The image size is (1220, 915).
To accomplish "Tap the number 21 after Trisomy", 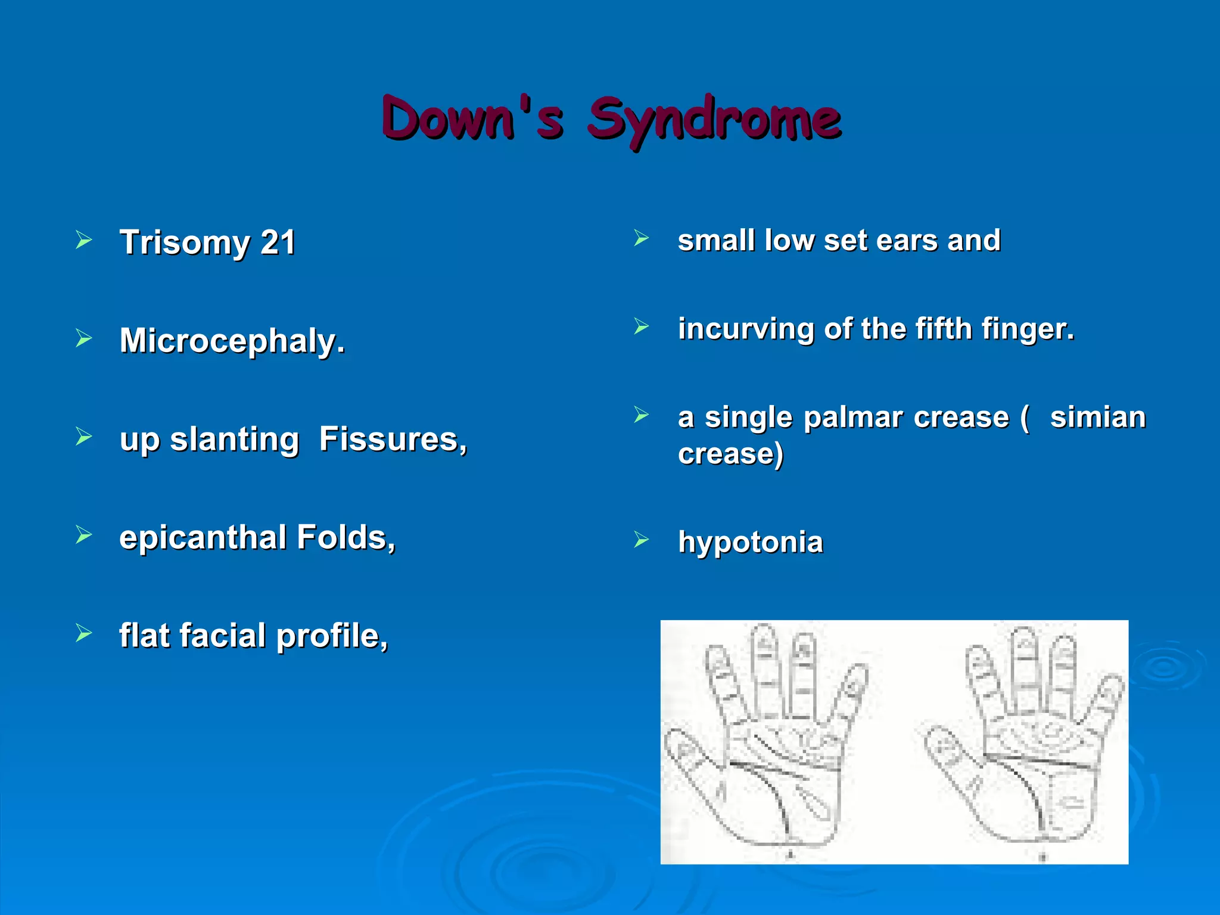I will point(278,242).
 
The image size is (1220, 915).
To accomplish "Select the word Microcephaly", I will point(232,341).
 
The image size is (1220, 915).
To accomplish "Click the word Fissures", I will point(393,440).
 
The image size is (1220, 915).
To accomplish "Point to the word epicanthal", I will point(203,537).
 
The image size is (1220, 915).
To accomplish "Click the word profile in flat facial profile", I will point(332,636).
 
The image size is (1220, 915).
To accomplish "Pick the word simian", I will point(1097,418).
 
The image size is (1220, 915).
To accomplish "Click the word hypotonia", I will point(751,542).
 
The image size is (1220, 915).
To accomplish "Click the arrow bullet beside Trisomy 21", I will point(84,241).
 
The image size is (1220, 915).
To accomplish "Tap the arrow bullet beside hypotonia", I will point(641,540).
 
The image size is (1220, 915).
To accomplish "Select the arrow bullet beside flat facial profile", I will point(84,633).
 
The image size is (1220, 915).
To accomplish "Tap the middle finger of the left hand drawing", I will point(764,667).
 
